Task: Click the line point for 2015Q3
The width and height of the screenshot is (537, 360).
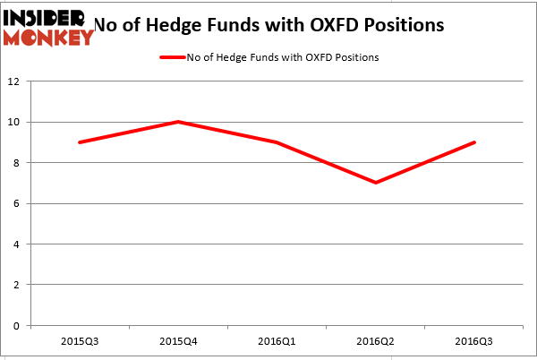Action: click(x=81, y=142)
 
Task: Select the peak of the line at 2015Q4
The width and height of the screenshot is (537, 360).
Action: click(x=179, y=122)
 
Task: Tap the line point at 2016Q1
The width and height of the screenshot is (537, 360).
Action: click(x=277, y=142)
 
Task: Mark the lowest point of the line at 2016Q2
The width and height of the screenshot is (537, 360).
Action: click(x=376, y=183)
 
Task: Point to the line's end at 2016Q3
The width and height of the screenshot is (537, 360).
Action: click(x=474, y=142)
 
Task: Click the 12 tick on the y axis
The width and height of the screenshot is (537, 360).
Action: click(x=15, y=81)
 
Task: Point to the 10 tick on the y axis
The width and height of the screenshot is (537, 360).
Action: click(x=15, y=122)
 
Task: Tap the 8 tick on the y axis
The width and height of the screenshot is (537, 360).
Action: click(x=18, y=163)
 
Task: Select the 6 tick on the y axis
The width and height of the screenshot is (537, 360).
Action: click(x=18, y=203)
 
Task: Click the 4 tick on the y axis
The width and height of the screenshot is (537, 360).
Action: click(x=18, y=244)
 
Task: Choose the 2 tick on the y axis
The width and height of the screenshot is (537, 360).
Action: click(x=18, y=285)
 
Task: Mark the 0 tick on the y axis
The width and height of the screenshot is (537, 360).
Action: click(x=18, y=326)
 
